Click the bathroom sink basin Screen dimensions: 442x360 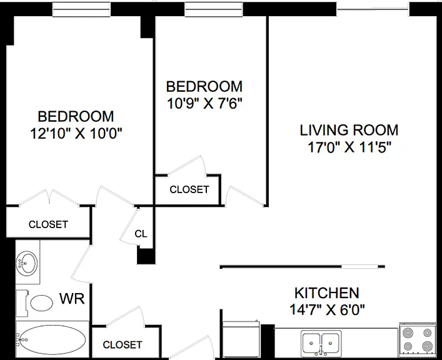[x=26, y=262]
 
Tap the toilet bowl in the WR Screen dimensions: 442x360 [x=41, y=302]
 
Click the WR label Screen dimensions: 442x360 [x=72, y=299]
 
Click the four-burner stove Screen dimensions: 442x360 [x=418, y=339]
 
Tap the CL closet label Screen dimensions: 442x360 [x=141, y=234]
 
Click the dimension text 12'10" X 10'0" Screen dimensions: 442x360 [x=76, y=133]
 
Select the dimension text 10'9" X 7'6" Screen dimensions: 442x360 [x=204, y=104]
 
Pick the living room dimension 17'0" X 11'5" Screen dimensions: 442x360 [x=349, y=147]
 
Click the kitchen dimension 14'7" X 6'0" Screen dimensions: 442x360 [x=327, y=310]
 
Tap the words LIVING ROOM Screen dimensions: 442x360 [x=349, y=130]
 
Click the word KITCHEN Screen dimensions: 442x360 [x=327, y=293]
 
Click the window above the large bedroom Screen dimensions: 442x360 [x=81, y=9]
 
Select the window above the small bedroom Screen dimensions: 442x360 [x=214, y=9]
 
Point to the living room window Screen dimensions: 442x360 [x=373, y=9]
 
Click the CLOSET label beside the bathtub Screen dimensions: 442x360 [x=123, y=344]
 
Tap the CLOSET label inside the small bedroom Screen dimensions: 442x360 [x=189, y=189]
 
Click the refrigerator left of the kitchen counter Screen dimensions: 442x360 [x=241, y=339]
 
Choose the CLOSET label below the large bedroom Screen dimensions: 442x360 [x=49, y=224]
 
